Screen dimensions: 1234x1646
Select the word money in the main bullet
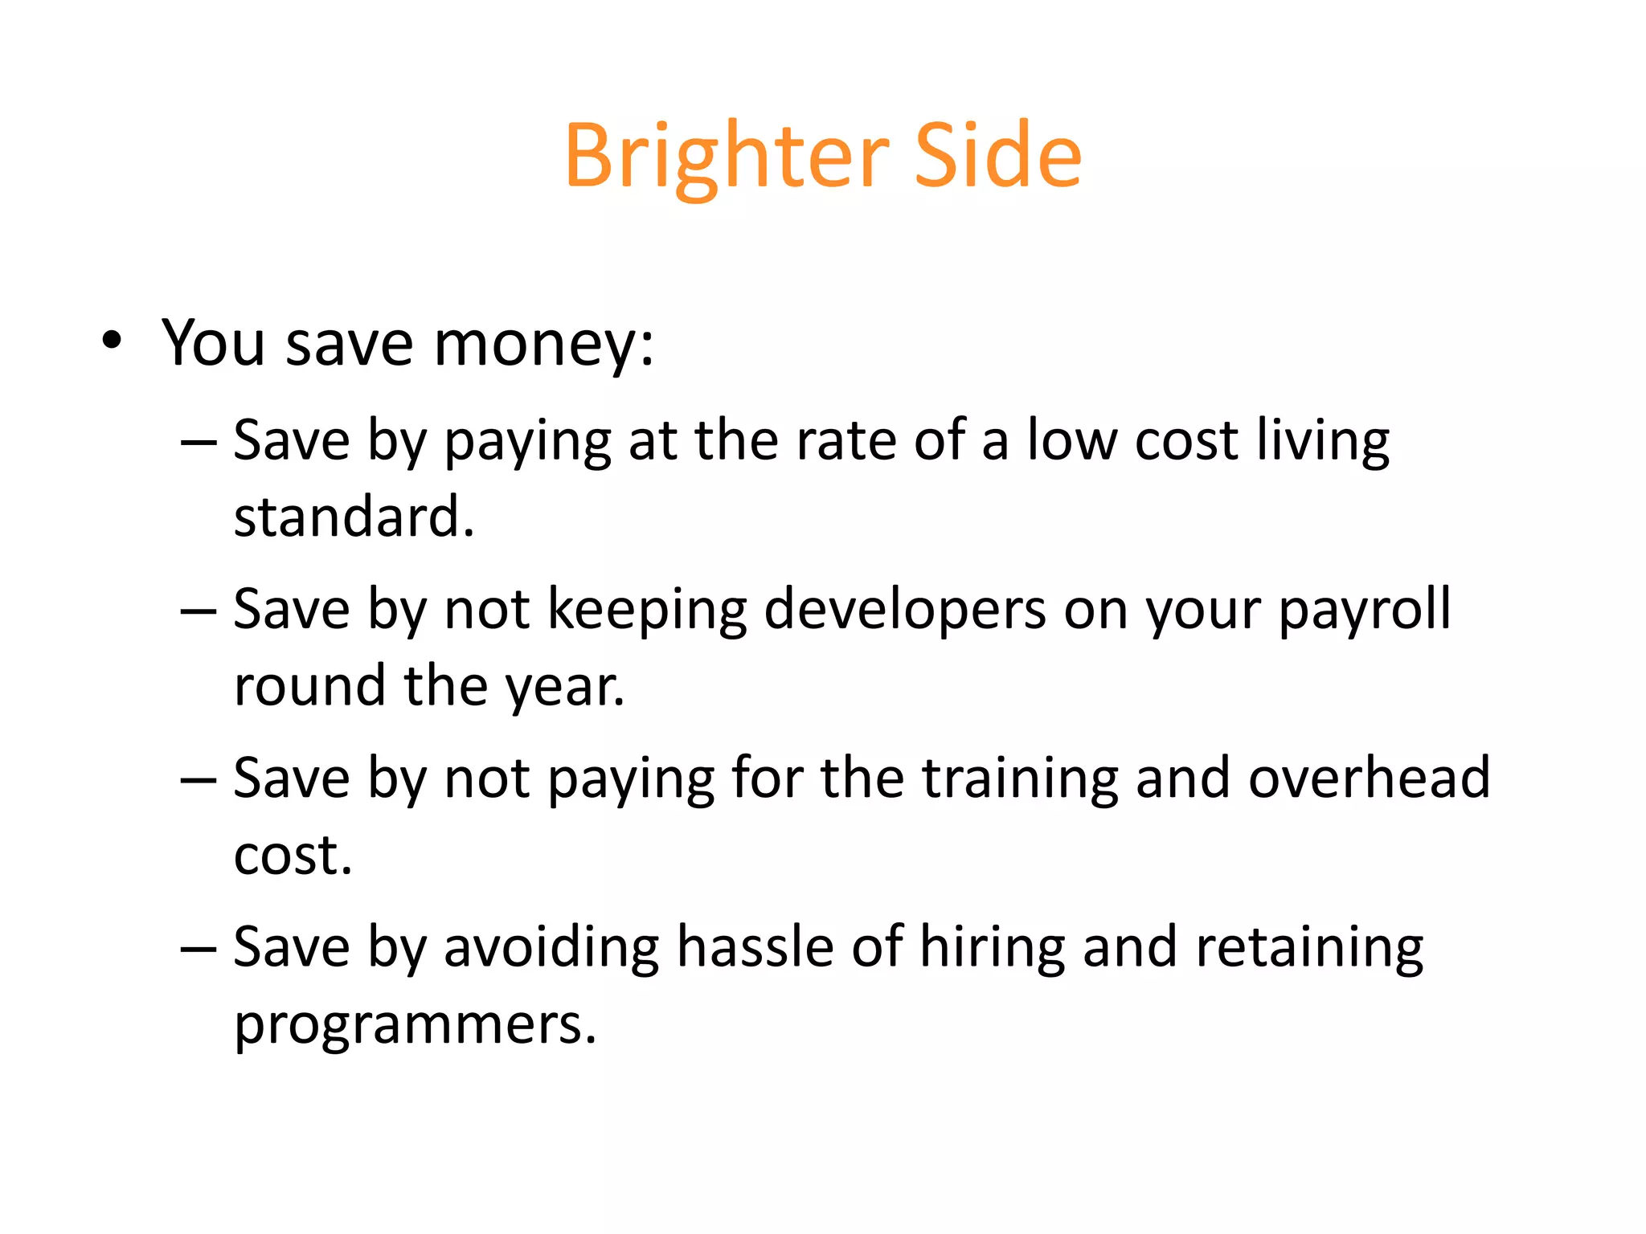(543, 344)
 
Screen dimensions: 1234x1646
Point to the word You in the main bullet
(213, 344)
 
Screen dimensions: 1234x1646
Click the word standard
(354, 517)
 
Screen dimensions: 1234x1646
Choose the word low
(1072, 441)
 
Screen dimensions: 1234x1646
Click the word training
(1020, 779)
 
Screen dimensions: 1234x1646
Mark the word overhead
(1369, 779)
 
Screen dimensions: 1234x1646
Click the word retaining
(1309, 948)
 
